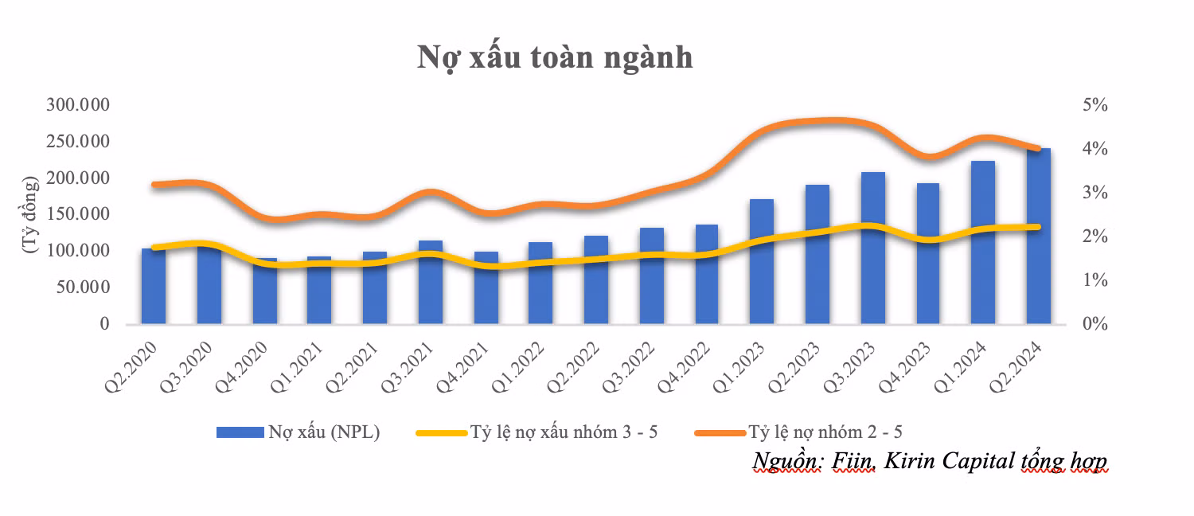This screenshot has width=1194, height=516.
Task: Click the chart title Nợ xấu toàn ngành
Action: tap(555, 58)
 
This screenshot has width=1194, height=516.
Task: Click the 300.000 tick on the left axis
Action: tap(78, 106)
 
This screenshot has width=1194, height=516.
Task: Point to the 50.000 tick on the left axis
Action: tap(83, 287)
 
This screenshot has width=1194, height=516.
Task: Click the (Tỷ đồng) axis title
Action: tap(31, 215)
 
